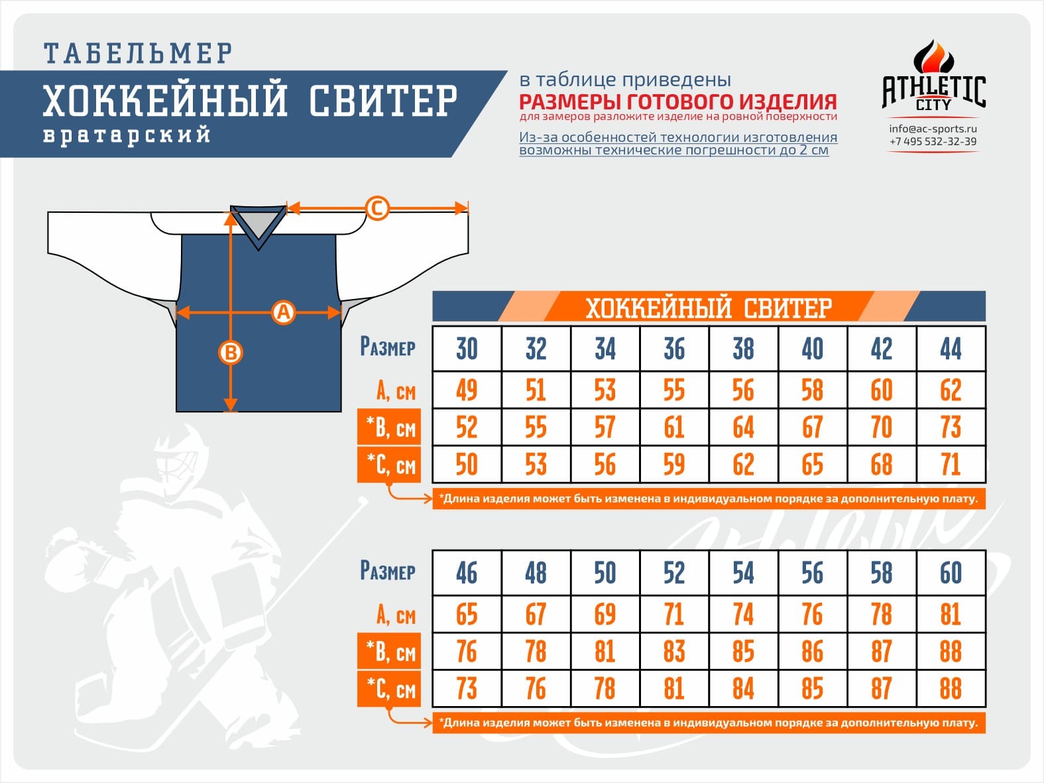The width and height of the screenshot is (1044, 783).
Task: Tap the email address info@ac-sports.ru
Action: click(933, 129)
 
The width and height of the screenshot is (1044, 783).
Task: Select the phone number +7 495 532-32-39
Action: click(933, 141)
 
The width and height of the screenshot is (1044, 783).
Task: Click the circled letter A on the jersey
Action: click(284, 312)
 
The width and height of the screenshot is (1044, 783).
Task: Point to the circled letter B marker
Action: click(231, 353)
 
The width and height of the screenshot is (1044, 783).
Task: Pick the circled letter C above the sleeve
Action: click(377, 208)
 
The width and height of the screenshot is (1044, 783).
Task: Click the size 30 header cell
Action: click(467, 349)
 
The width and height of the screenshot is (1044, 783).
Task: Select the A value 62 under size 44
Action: click(951, 390)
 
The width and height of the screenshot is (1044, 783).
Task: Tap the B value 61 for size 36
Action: click(674, 427)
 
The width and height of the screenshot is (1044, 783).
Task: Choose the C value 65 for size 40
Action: click(813, 464)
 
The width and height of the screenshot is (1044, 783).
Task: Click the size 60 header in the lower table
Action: click(951, 573)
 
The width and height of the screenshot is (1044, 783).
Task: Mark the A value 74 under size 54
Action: click(743, 614)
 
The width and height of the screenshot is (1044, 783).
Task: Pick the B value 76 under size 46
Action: click(467, 651)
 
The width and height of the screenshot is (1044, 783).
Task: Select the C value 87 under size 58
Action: click(882, 688)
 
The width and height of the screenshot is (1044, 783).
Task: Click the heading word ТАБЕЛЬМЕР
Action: click(139, 53)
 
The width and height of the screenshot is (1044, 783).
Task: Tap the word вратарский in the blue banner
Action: click(127, 135)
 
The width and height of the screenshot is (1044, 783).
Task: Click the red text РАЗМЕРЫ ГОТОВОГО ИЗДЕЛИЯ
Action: click(677, 102)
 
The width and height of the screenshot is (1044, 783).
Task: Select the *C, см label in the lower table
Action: click(390, 689)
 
